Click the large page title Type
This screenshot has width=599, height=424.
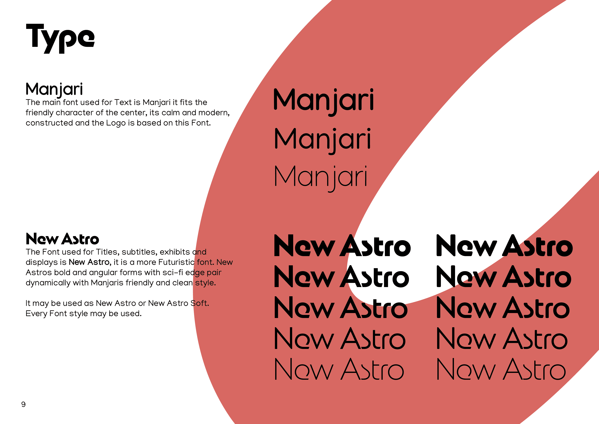60,38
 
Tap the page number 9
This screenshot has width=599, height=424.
24,404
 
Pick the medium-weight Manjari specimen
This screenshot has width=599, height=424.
323,141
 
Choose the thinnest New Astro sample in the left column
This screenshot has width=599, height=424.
339,369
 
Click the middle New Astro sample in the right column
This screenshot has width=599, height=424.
503,307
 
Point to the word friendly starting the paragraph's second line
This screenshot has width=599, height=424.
39,113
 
